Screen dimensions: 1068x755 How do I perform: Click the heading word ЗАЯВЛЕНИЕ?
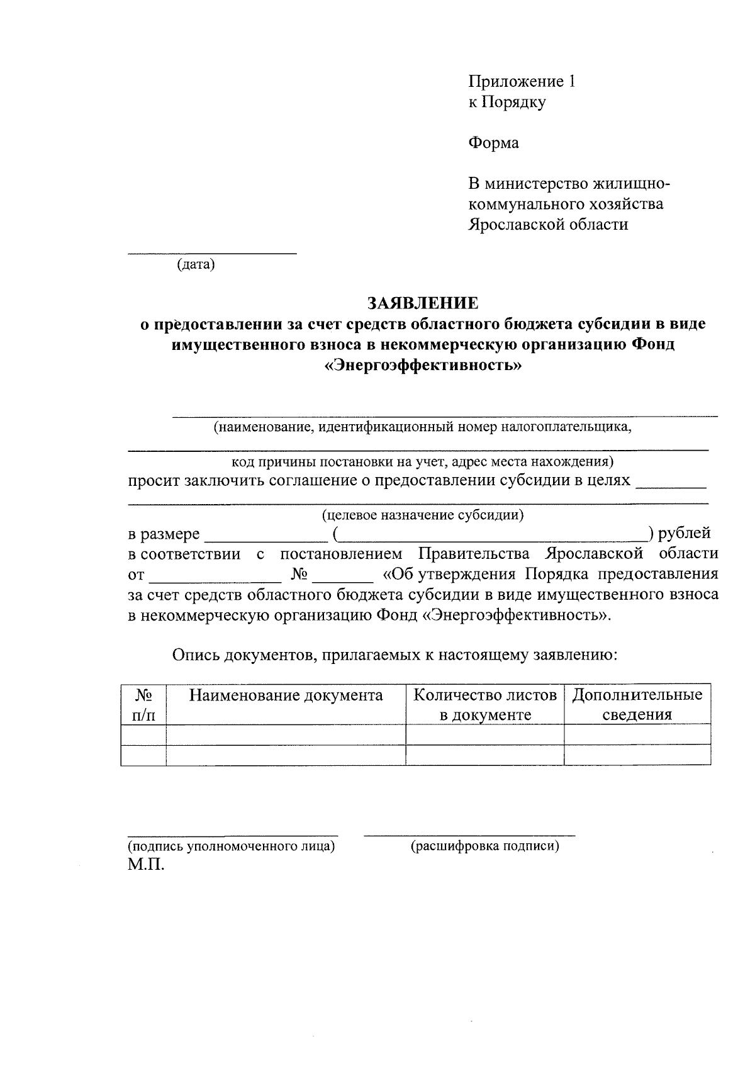(x=423, y=303)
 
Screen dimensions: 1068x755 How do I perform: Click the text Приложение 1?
(x=522, y=81)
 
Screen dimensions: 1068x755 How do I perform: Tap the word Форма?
(x=493, y=143)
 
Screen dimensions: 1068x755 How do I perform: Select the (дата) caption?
(x=196, y=264)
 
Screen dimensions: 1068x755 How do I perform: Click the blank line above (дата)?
(x=212, y=252)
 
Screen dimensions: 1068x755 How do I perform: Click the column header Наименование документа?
(x=286, y=695)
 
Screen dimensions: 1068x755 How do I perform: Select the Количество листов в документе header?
(x=485, y=705)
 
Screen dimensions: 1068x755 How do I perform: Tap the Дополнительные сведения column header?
(x=637, y=705)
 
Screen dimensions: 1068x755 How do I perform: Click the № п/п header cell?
(x=143, y=705)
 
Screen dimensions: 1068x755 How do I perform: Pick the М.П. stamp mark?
(x=146, y=864)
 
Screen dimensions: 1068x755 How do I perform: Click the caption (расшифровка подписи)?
(x=484, y=846)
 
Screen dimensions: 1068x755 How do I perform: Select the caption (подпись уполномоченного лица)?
(x=231, y=846)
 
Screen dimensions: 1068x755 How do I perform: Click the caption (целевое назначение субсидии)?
(x=423, y=515)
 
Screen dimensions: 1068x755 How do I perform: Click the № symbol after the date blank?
(x=299, y=575)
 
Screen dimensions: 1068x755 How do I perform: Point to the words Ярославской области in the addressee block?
(x=547, y=225)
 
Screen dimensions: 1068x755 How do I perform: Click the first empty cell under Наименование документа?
(x=286, y=734)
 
